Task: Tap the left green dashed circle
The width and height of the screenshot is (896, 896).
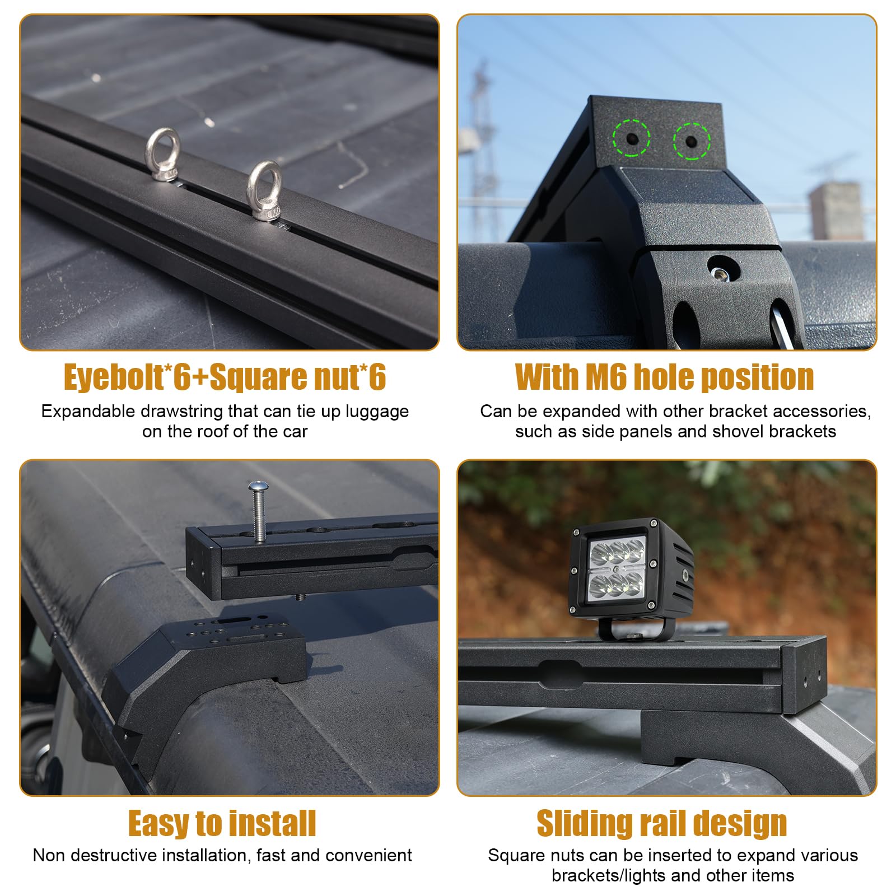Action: [x=631, y=138]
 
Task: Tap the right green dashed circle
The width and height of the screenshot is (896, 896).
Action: [x=692, y=141]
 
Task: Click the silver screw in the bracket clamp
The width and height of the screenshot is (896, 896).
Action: [x=721, y=273]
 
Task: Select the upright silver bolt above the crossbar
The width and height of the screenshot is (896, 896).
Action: [x=258, y=510]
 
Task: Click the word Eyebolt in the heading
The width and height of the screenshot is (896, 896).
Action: [x=113, y=377]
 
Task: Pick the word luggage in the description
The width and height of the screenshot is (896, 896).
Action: [x=377, y=412]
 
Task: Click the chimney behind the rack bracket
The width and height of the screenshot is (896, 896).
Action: [x=836, y=211]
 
